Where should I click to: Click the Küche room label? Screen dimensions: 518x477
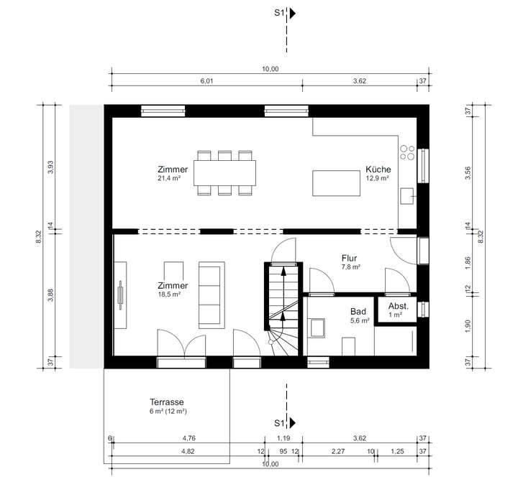378,170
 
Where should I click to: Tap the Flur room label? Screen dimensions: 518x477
349,259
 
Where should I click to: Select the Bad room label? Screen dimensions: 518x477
358,312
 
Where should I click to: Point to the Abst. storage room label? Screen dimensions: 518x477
399,306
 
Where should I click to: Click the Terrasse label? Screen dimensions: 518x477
166,402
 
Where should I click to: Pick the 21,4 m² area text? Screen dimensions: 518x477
169,178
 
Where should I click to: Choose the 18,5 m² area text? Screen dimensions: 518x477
169,295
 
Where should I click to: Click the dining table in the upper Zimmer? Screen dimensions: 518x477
224,173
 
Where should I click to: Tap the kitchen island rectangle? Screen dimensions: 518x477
336,183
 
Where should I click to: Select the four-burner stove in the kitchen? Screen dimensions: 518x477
407,152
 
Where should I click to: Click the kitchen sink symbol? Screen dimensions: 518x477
407,196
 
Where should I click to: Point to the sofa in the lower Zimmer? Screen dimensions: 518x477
212,295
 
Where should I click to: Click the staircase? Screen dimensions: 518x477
283,309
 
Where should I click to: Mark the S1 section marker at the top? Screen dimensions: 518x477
285,13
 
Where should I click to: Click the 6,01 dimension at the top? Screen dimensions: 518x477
206,81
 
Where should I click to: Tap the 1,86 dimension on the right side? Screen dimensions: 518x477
468,263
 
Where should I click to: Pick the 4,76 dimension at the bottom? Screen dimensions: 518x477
189,438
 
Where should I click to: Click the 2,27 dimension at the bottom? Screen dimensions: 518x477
338,452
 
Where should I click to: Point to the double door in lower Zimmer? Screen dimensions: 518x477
181,346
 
